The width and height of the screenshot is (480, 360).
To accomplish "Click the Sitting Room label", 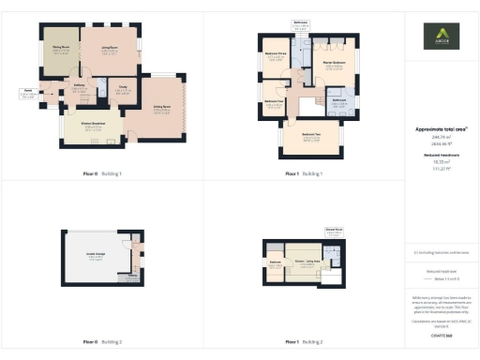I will point(162,108).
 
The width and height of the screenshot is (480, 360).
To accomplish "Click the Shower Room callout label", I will point(333,229).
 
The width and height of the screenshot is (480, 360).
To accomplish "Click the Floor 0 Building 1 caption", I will point(103,174).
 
